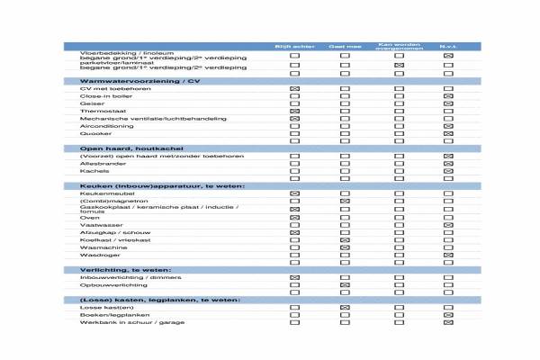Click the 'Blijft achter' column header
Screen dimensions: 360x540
[293, 46]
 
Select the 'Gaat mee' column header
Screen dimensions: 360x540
[344, 46]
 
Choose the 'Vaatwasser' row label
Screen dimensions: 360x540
[94, 224]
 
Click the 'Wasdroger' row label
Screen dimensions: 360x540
[94, 255]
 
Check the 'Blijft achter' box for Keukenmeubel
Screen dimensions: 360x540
[294, 193]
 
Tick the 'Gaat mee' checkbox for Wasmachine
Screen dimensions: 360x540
[345, 247]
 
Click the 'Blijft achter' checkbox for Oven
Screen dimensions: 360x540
[294, 217]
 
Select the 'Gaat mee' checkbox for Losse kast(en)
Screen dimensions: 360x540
[345, 308]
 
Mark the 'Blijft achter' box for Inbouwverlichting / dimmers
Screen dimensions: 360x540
[294, 277]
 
